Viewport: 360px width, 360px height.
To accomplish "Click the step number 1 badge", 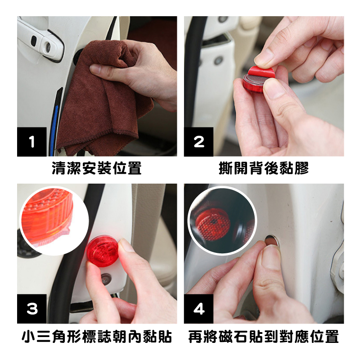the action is [31, 142].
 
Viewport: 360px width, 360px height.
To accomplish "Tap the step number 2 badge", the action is [198, 142].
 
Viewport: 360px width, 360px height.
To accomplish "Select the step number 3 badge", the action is [31, 309].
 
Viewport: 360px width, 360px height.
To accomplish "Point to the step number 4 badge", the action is [198, 309].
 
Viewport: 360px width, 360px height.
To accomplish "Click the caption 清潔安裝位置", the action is [97, 168].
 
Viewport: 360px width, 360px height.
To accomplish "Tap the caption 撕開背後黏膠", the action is [264, 168].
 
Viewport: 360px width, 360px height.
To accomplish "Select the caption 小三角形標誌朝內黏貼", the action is [97, 337].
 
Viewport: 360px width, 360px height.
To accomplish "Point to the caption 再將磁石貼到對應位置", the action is [264, 337].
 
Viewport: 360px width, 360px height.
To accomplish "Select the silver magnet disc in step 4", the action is [272, 241].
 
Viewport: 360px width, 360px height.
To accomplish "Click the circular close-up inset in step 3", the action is [54, 220].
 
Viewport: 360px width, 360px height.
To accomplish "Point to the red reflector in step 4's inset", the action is [213, 224].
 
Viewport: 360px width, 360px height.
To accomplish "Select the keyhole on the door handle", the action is [48, 47].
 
